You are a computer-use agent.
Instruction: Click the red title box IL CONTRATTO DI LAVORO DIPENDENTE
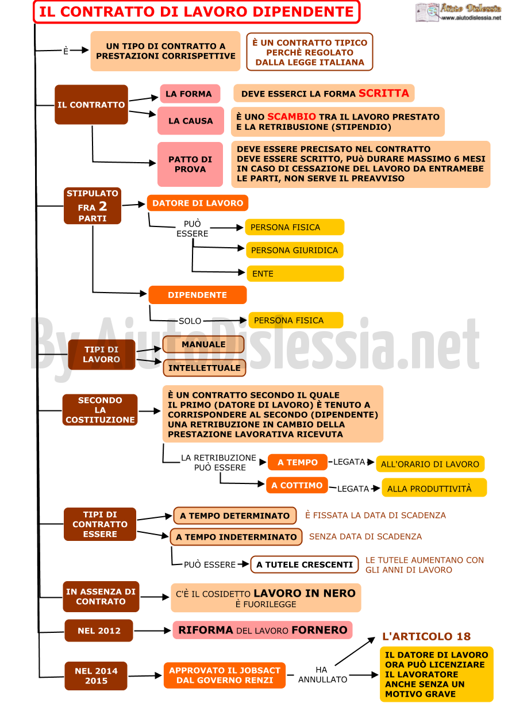point(197,12)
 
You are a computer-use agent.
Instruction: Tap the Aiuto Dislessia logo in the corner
point(458,12)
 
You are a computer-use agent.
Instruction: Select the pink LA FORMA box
point(190,94)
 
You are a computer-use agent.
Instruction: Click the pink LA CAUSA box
point(190,121)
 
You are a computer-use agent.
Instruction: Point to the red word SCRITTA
point(383,93)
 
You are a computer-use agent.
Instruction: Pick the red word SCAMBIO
point(291,117)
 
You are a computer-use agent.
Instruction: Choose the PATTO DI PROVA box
point(190,164)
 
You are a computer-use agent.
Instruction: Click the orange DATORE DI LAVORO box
point(198,203)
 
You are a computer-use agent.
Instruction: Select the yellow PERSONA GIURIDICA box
point(295,250)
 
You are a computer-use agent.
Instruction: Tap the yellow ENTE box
point(295,274)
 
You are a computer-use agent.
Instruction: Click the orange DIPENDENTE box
point(197,295)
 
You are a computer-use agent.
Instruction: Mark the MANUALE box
point(203,344)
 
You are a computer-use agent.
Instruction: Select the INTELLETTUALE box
point(204,368)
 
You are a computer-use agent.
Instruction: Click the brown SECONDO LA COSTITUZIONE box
point(100,410)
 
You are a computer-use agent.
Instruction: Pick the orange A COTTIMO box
point(297,485)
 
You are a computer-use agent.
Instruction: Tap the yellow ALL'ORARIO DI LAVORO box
point(430,464)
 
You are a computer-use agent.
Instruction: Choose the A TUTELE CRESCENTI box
point(305,564)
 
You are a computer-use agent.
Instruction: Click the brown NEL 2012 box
point(99,631)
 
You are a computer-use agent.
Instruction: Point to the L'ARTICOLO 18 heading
point(426,636)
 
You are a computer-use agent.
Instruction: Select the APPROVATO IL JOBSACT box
point(225,675)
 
